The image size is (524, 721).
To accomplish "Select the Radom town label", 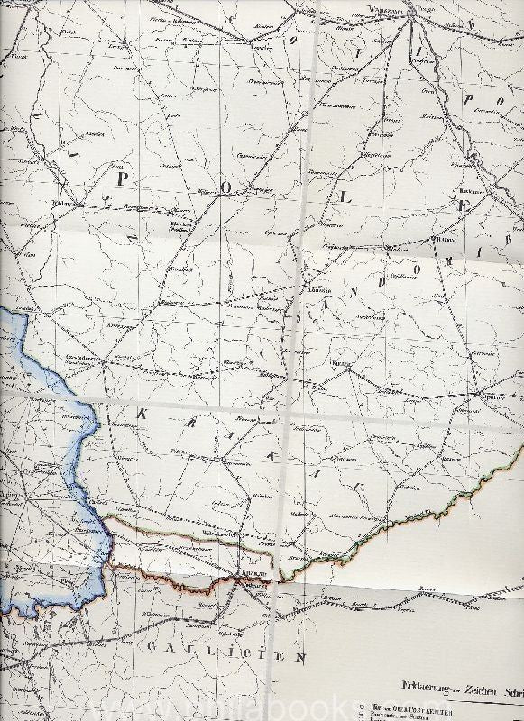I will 446,240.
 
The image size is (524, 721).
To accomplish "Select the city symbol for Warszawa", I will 410,11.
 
